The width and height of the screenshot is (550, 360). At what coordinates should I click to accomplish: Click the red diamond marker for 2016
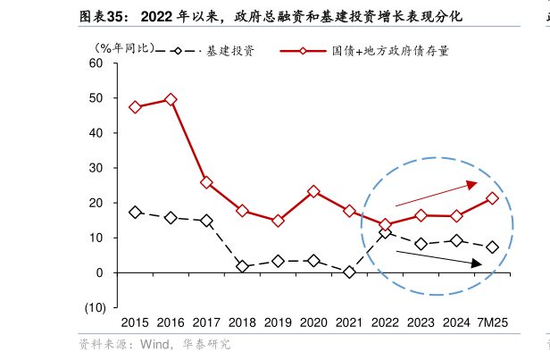171,99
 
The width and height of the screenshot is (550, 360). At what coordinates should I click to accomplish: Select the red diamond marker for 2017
206,182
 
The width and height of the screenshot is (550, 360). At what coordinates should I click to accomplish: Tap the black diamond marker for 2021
349,272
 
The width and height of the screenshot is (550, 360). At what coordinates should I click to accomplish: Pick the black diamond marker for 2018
242,266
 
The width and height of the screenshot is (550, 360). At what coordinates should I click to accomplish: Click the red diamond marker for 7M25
492,198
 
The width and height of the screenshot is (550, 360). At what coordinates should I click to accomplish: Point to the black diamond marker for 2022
385,232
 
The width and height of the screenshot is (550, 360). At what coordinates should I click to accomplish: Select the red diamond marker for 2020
313,191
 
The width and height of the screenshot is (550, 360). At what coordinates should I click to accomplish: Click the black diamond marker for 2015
135,213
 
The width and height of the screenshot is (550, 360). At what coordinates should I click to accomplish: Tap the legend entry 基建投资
229,51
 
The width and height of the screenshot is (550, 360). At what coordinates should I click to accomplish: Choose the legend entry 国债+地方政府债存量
390,51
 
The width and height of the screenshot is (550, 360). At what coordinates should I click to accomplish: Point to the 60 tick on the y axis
96,63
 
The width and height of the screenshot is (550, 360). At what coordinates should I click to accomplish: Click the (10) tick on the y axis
95,307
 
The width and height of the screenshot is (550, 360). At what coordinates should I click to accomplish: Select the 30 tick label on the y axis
96,168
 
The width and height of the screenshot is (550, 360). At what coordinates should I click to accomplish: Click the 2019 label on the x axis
278,322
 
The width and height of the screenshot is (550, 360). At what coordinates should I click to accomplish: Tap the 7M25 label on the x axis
492,322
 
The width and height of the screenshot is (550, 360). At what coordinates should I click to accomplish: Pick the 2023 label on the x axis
421,322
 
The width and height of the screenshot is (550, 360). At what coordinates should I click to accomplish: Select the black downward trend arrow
437,257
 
